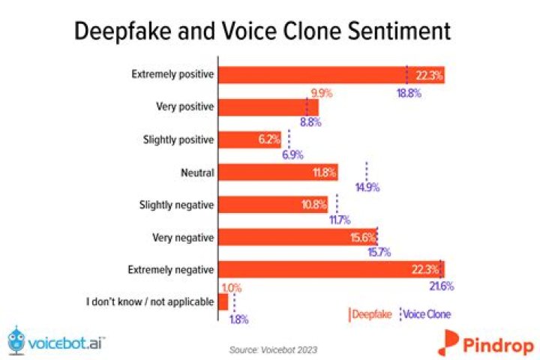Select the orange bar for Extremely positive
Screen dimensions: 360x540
pyautogui.click(x=330, y=75)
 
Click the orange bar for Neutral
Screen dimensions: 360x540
pyautogui.click(x=278, y=172)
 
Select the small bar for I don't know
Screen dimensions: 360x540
pyautogui.click(x=223, y=301)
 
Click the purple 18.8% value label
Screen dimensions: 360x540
pyautogui.click(x=409, y=94)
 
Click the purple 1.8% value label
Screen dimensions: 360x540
pyautogui.click(x=237, y=319)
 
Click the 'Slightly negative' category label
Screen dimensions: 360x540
pyautogui.click(x=177, y=205)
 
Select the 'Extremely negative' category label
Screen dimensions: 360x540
pyautogui.click(x=173, y=269)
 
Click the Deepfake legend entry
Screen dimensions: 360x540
pyautogui.click(x=370, y=313)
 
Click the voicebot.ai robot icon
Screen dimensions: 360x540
pyautogui.click(x=16, y=339)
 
